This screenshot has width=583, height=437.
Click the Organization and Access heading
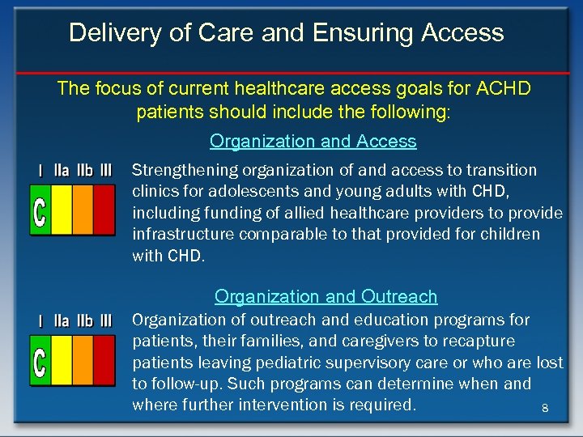313,141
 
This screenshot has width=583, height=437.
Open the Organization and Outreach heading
326,296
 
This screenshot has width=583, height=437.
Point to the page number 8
545,409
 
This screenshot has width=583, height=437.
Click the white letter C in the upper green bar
40,210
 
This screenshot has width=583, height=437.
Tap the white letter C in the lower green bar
40,361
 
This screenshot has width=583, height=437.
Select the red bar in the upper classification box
104,210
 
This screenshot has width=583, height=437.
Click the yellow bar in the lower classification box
62,360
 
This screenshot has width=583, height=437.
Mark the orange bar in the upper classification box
83,210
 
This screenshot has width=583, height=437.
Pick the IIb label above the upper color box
84,171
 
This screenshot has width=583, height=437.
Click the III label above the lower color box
105,320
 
